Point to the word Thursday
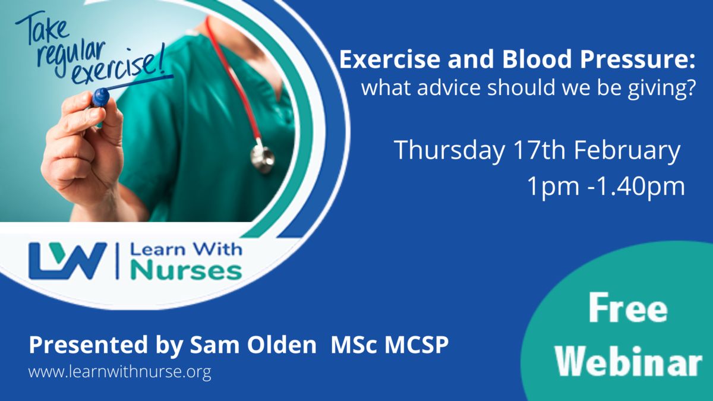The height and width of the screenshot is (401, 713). tap(449, 150)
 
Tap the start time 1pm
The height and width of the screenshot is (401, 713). tap(553, 187)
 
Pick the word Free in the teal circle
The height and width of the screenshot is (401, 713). tap(628, 308)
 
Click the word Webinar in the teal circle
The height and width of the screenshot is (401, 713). tap(629, 361)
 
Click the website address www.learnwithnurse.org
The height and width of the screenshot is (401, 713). tap(119, 372)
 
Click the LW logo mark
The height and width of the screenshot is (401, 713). tap(68, 261)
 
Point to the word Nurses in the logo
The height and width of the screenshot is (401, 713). tap(186, 271)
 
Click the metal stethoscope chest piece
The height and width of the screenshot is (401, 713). tap(262, 158)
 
